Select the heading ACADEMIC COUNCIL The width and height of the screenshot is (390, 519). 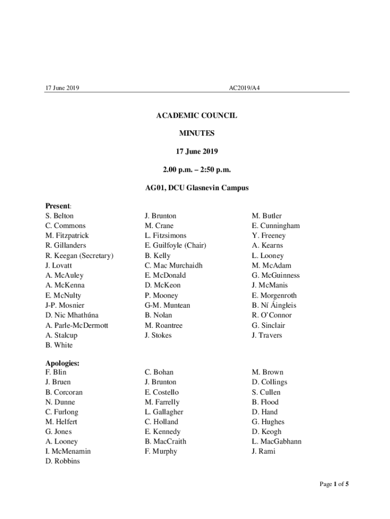tap(197, 116)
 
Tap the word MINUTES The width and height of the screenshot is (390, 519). tap(197, 133)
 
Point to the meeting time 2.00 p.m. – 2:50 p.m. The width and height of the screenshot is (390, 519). tap(197, 169)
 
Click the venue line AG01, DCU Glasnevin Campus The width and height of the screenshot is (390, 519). tap(197, 188)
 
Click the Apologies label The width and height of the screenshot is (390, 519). tap(62, 363)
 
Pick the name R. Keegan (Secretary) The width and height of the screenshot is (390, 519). tap(79, 255)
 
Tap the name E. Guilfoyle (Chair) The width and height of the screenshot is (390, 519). tap(175, 246)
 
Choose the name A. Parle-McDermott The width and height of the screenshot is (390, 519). tap(76, 325)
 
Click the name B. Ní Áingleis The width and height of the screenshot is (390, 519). tap(274, 305)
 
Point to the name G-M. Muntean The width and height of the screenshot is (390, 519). tap(167, 305)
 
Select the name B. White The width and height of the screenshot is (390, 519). tap(59, 345)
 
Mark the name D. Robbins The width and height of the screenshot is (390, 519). tap(62, 461)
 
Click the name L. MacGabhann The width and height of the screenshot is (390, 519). tap(277, 441)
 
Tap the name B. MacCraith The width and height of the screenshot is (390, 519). tap(165, 441)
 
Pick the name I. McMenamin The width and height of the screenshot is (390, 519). tap(68, 451)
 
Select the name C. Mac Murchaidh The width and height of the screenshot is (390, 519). tap(173, 266)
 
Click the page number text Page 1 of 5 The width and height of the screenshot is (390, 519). tap(334, 484)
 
